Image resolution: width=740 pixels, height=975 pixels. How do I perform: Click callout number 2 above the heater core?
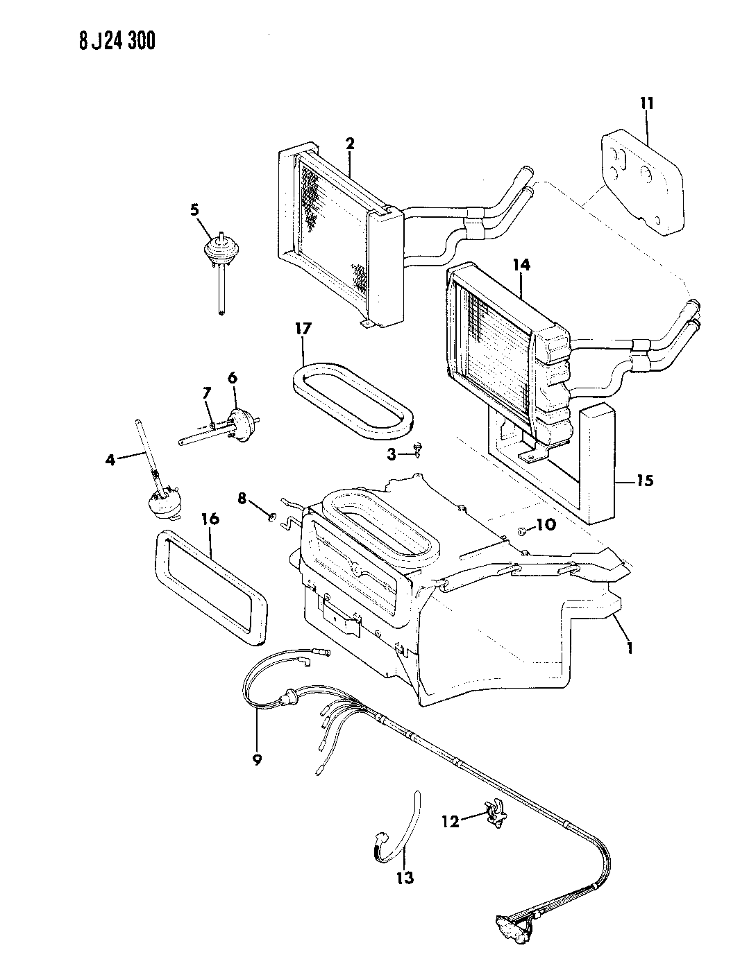coord(350,144)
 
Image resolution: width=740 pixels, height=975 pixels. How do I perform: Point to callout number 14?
coord(521,264)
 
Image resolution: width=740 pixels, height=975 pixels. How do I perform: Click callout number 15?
coord(645,481)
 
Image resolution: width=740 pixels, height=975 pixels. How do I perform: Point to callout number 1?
coord(629,648)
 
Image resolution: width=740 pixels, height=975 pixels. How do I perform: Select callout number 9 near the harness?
coord(257,759)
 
